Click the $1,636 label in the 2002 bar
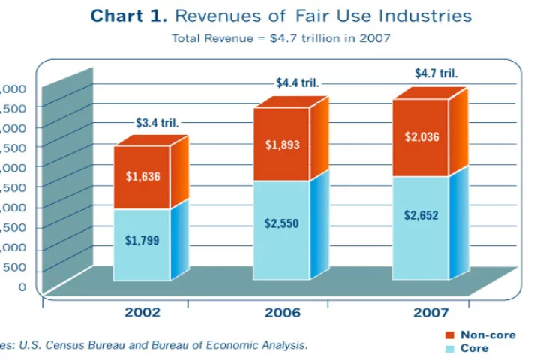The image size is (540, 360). pos(142,177)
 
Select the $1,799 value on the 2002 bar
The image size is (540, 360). pos(142,241)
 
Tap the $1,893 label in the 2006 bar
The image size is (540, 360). pos(283,145)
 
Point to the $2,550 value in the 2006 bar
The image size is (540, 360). pos(283,223)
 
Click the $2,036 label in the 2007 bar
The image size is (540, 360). pos(421,137)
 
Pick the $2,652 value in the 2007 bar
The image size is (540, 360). pos(421,216)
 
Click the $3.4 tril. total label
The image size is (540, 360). pos(157,122)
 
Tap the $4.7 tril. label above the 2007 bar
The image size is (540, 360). pos(436,73)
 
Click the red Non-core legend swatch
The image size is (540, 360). pos(450,334)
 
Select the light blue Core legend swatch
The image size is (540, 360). pos(450,348)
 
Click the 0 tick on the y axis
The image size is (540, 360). pos(22,286)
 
